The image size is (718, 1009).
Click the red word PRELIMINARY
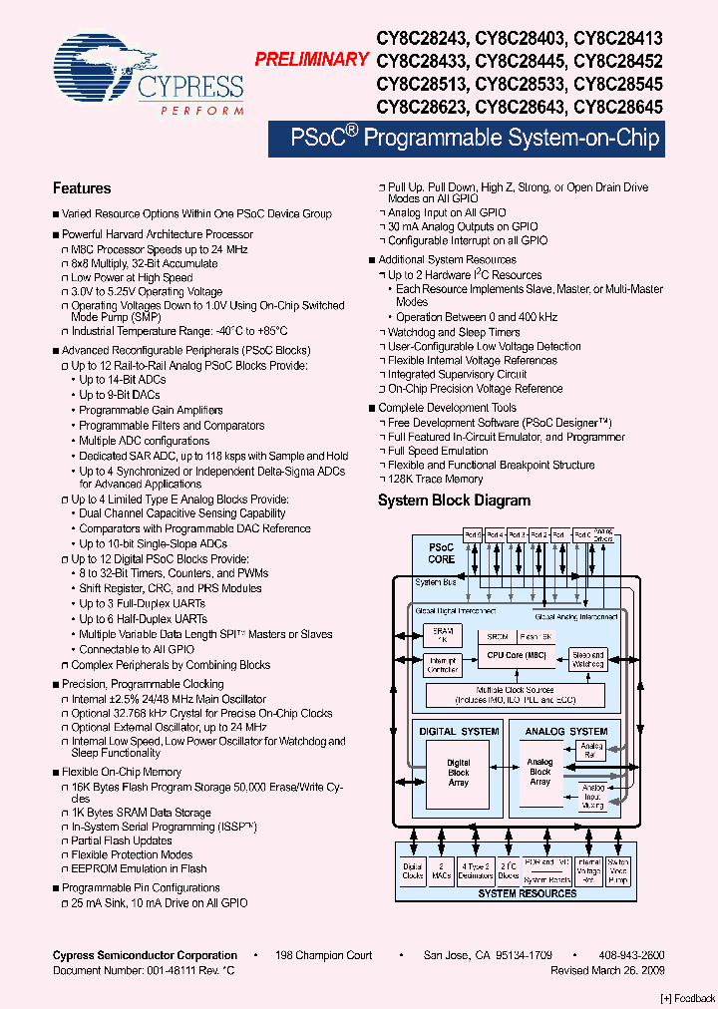[311, 60]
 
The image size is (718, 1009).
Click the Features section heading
[82, 188]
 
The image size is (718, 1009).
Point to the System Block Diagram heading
[454, 501]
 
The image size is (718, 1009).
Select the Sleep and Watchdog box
[587, 659]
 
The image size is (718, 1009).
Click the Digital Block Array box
[458, 773]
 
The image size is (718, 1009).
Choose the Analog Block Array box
[539, 773]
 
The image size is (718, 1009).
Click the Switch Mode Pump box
[618, 870]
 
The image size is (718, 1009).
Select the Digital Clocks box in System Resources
[413, 870]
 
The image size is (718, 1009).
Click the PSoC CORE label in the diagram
[441, 553]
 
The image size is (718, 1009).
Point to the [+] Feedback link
[688, 998]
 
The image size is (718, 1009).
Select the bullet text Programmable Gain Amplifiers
[151, 410]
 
